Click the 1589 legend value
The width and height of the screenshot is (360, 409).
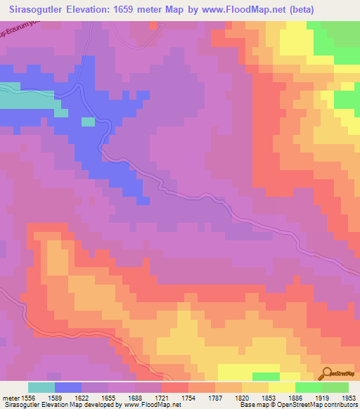55,397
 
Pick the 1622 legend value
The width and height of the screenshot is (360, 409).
82,397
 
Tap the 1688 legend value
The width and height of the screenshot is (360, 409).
135,397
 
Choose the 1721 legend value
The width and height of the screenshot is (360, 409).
162,397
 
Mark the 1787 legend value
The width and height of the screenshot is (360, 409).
215,397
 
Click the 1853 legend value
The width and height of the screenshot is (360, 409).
269,397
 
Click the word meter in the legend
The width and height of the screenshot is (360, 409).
9,397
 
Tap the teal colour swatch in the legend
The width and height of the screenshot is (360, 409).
41,387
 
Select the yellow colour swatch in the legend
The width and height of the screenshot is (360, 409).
282,387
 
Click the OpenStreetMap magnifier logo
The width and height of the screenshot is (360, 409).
327,372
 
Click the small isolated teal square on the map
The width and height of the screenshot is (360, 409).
88,122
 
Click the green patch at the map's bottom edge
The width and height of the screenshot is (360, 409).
266,376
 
